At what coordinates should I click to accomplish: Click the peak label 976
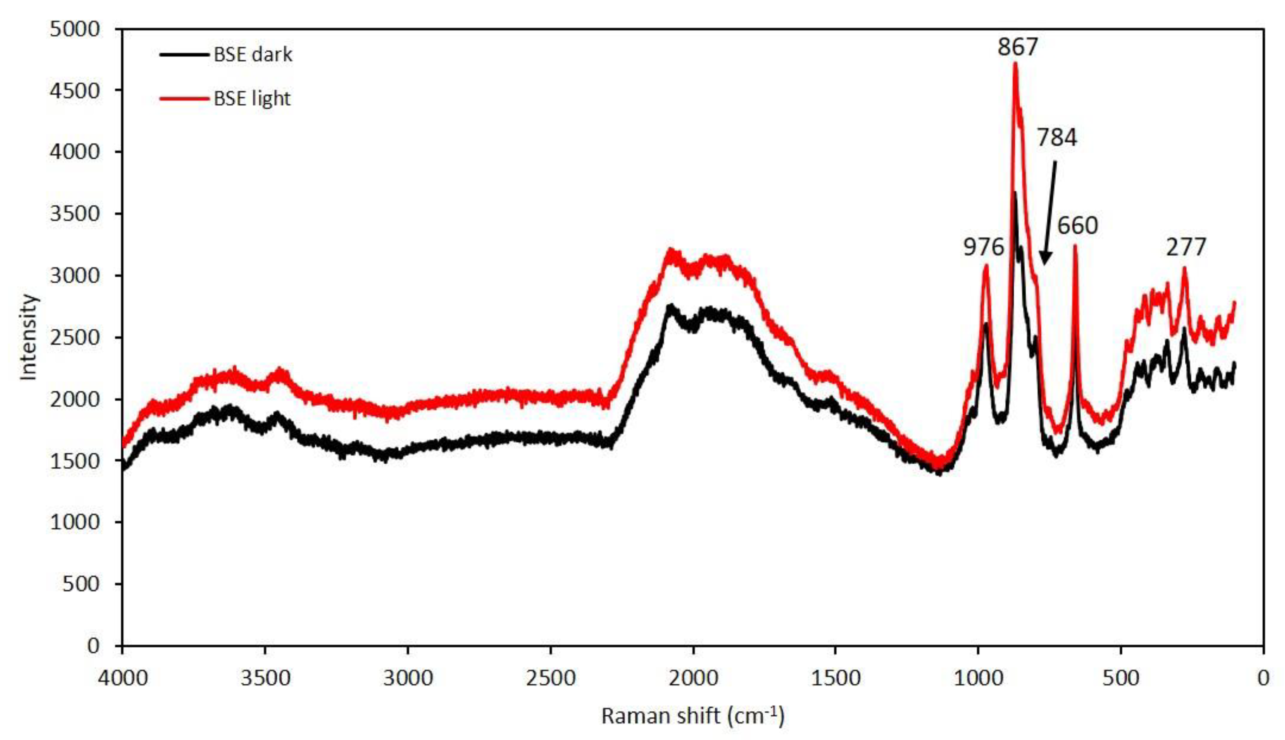click(984, 247)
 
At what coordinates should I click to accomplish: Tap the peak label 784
click(1057, 138)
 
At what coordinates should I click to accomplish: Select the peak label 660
click(1078, 225)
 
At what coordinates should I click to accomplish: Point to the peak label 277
click(1185, 247)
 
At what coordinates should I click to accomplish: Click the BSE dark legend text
click(252, 54)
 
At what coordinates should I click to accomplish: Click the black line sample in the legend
click(184, 54)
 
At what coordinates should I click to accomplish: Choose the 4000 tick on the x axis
click(122, 678)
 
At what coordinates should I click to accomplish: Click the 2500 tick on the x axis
click(550, 678)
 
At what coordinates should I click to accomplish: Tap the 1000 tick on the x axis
click(978, 678)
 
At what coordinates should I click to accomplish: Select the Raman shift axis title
click(692, 716)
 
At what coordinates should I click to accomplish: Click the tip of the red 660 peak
click(1075, 246)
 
